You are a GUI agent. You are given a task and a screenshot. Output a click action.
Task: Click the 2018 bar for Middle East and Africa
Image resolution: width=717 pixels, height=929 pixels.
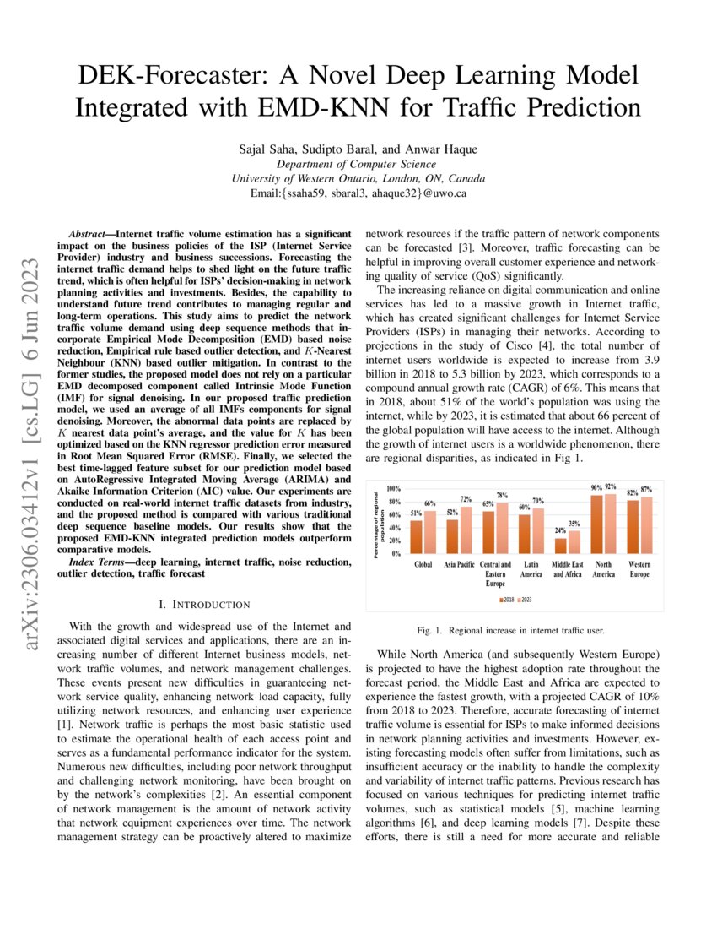point(561,546)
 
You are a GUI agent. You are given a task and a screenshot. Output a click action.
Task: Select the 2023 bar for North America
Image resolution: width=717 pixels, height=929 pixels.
point(610,524)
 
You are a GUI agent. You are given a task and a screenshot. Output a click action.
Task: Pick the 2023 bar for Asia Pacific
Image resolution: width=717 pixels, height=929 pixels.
point(466,530)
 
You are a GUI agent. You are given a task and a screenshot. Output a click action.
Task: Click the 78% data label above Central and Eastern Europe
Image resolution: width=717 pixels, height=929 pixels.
point(501,496)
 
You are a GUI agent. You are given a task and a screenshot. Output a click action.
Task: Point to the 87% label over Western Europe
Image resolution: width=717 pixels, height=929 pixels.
point(646,490)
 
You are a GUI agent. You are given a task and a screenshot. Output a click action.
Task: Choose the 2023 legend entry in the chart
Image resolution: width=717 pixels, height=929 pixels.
point(526,599)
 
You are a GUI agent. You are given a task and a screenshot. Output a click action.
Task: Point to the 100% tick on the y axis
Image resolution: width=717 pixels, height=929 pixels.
point(394,489)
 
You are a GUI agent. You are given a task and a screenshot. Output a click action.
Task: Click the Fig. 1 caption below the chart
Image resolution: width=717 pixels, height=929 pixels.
point(515,630)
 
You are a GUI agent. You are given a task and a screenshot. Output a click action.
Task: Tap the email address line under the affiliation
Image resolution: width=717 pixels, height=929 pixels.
point(358,193)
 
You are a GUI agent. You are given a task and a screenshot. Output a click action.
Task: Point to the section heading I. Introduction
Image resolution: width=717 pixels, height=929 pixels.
point(204,604)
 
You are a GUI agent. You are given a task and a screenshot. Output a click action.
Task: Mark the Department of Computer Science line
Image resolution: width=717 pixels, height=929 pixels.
point(358,164)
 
